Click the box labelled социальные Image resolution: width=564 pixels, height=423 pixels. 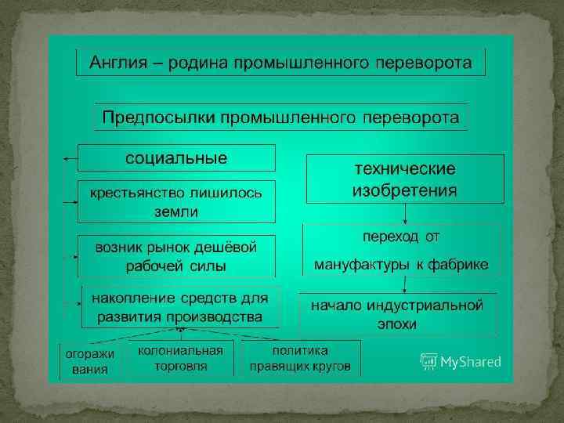point(176,157)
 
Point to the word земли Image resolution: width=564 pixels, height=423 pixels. point(175,211)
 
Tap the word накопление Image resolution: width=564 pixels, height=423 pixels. point(128,298)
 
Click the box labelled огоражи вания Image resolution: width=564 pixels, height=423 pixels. point(89,361)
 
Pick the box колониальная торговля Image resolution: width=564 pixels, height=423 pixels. point(181,358)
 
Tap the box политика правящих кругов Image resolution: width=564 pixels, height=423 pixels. point(300,358)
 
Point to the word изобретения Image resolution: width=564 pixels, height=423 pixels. point(405,190)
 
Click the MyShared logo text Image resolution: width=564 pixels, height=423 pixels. point(470,362)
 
